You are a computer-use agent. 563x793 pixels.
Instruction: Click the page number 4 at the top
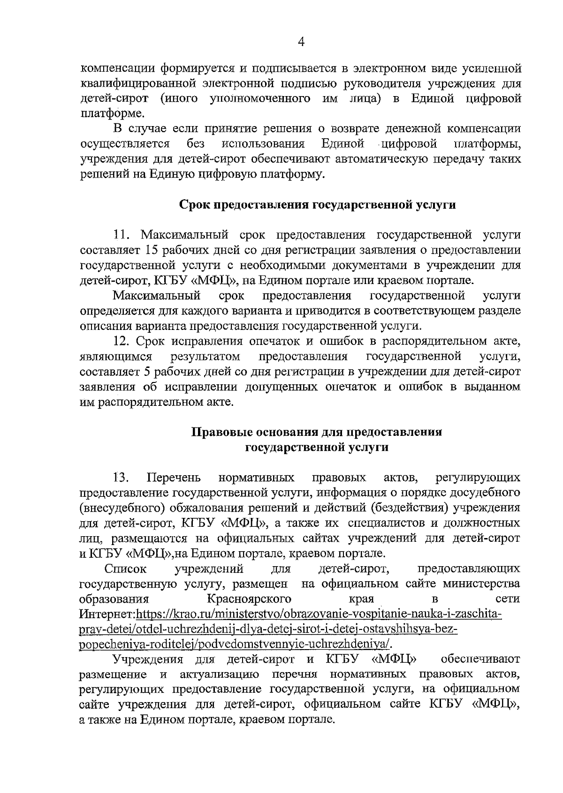tap(301, 43)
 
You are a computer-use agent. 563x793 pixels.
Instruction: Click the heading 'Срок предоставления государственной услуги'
tap(318, 205)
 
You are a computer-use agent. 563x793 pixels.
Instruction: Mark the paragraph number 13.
tap(121, 478)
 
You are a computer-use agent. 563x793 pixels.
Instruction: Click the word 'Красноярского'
tap(249, 599)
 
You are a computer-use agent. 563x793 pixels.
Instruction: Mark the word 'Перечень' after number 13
tap(174, 478)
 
